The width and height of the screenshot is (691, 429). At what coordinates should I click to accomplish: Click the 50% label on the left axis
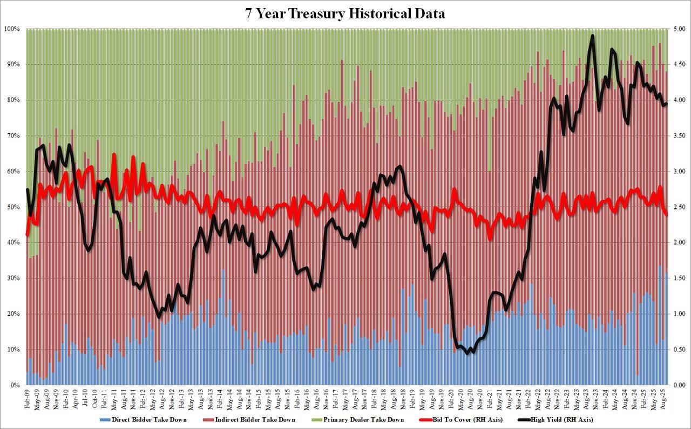point(12,207)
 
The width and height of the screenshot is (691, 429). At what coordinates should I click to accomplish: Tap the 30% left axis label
point(12,278)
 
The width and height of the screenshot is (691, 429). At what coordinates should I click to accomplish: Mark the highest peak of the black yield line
point(593,36)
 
